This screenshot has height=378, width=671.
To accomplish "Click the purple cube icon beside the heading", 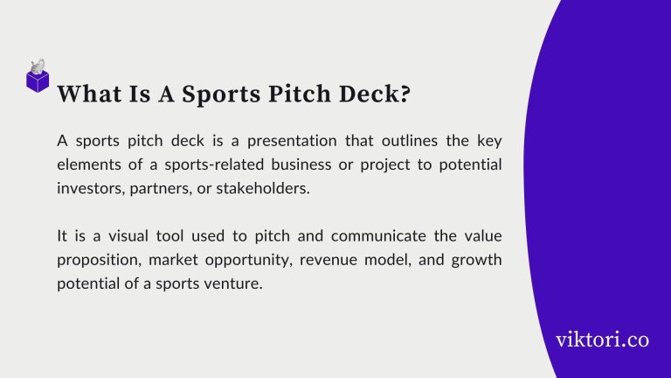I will (x=38, y=79).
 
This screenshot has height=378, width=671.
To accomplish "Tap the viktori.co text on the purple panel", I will (x=602, y=340).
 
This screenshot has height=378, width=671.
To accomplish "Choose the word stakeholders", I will (x=266, y=188).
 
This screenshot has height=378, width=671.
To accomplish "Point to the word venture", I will (x=233, y=283).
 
